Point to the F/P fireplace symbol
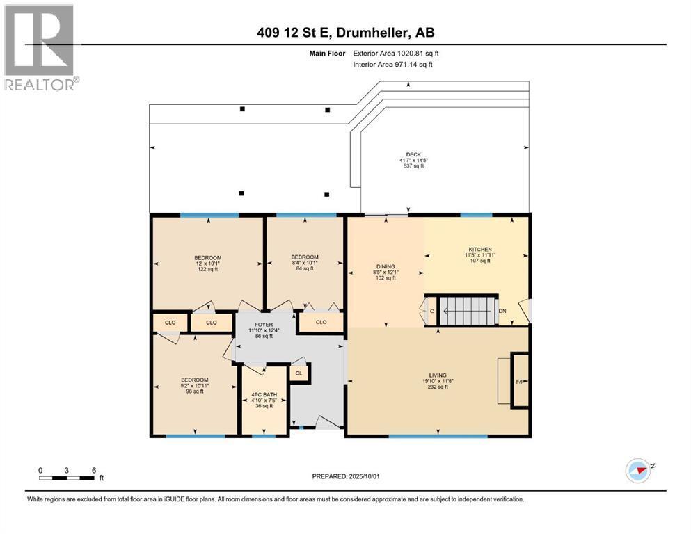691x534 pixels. point(519,381)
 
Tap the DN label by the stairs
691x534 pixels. point(502,311)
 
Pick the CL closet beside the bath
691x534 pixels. point(299,373)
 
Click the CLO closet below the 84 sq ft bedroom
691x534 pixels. point(321,322)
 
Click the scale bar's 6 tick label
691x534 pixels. point(93,469)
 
